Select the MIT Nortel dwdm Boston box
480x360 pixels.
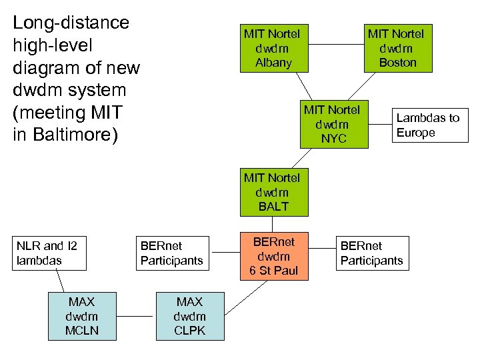pos(397,48)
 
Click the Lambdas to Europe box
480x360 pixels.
pos(427,125)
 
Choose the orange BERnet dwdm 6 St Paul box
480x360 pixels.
pos(273,256)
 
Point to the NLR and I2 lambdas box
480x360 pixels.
pos(51,253)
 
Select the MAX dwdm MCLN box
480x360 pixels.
pos(83,317)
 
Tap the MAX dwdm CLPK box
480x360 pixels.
pos(189,317)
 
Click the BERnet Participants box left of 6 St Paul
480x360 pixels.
pos(173,253)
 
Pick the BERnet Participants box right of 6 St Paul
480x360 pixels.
pos(371,253)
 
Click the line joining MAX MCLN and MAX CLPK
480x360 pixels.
pos(136,316)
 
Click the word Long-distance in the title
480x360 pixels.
pos(71,23)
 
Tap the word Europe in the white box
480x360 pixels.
pos(415,133)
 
